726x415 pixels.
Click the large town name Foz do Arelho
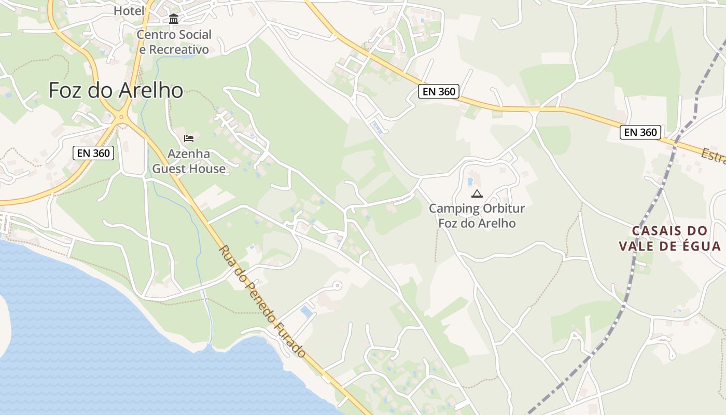click(116, 90)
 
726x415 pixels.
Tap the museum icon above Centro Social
click(174, 20)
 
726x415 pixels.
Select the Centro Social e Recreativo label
click(174, 42)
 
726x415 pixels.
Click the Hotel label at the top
click(129, 10)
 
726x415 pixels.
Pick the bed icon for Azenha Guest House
click(189, 139)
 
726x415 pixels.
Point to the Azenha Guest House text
click(189, 161)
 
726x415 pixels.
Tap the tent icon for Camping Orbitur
click(477, 194)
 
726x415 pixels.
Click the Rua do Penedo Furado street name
click(261, 301)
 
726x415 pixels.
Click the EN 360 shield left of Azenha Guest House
click(93, 153)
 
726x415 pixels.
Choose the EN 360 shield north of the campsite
click(439, 92)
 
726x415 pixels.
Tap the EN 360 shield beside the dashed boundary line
click(641, 132)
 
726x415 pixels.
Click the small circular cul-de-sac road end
click(337, 285)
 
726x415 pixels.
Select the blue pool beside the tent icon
click(470, 182)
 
